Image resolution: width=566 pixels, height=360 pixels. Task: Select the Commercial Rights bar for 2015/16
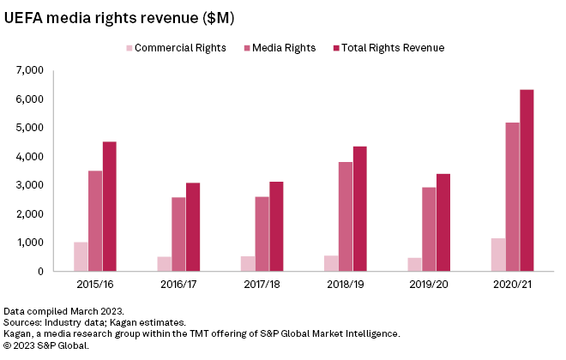click(x=81, y=256)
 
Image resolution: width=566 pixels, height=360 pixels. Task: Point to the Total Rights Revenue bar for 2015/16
click(x=110, y=207)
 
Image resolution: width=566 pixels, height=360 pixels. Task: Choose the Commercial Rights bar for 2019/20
click(x=414, y=264)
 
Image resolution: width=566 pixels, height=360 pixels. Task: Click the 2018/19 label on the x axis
click(x=345, y=281)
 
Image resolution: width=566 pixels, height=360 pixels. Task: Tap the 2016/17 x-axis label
click(x=178, y=281)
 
